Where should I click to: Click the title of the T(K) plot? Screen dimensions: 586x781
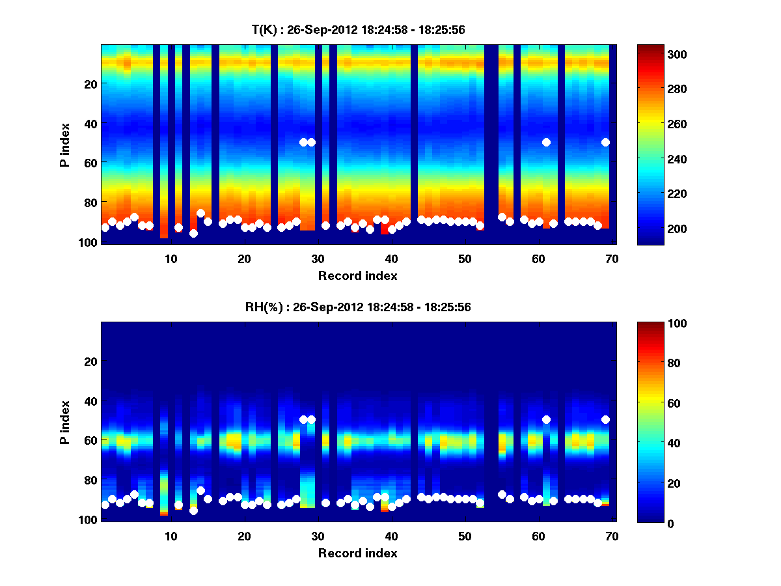tap(358, 30)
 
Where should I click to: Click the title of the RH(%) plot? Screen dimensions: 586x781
tap(358, 307)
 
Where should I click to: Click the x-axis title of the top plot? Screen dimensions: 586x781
tap(358, 275)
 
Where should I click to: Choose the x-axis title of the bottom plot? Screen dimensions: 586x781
tap(358, 553)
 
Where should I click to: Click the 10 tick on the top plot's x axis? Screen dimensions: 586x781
tap(171, 258)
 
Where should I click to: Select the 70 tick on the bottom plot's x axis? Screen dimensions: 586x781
tap(612, 536)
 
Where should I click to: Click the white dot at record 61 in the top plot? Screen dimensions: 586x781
tap(546, 142)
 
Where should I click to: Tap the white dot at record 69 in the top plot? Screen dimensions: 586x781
tap(605, 142)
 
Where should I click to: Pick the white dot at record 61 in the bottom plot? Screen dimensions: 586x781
tap(546, 419)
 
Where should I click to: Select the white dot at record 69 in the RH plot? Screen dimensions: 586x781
tap(605, 419)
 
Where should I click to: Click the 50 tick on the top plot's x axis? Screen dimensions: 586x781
tap(465, 258)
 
